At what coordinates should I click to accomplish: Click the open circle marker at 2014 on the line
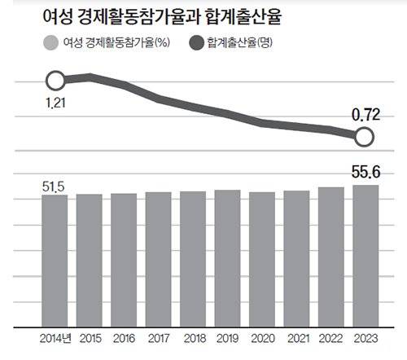pyautogui.click(x=55, y=80)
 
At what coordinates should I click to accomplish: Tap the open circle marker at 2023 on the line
pyautogui.click(x=365, y=137)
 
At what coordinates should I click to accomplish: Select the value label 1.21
pyautogui.click(x=54, y=103)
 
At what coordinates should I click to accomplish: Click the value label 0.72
pyautogui.click(x=365, y=116)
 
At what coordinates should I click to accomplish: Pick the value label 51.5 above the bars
pyautogui.click(x=54, y=186)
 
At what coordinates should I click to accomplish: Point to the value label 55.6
pyautogui.click(x=365, y=173)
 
